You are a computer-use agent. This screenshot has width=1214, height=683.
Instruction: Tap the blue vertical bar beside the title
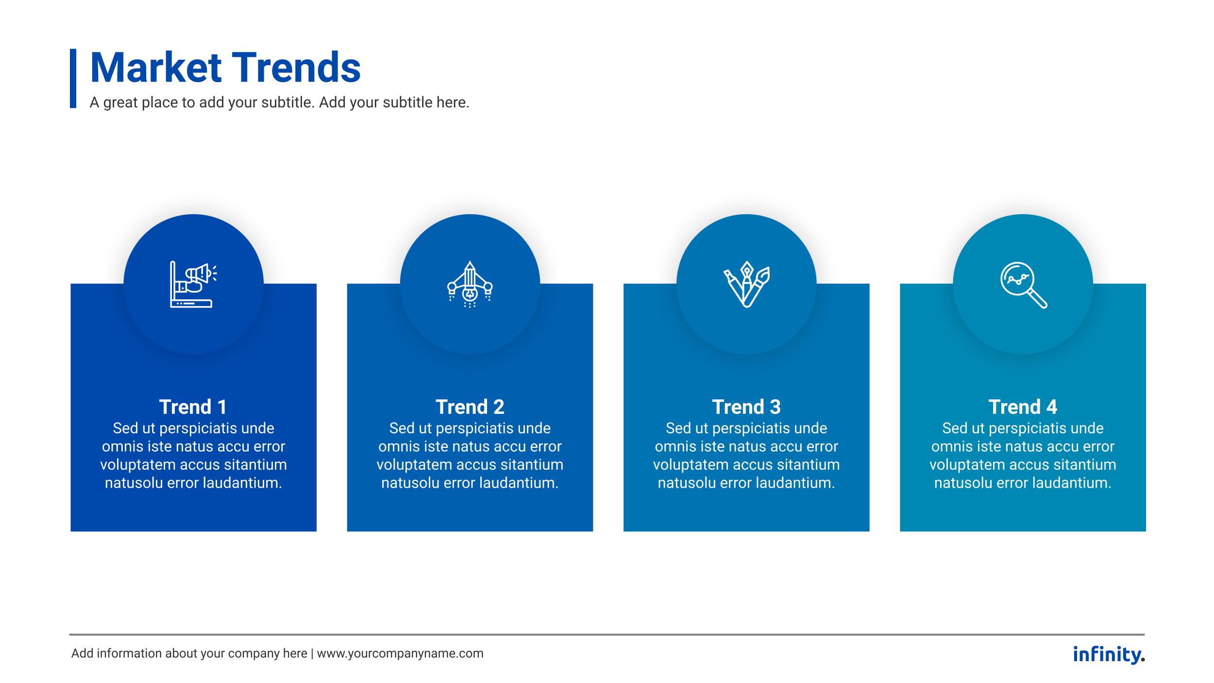coord(73,78)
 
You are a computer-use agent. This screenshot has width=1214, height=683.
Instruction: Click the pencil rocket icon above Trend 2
coord(470,285)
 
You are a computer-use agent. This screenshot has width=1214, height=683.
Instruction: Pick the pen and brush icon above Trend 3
coord(746,285)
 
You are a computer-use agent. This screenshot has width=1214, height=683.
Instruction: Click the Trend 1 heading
coord(193,407)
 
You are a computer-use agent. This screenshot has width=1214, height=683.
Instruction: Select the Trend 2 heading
coord(470,407)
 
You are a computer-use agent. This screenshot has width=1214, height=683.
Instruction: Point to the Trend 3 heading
coord(746,407)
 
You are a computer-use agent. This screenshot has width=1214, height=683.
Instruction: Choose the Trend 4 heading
coord(1023,407)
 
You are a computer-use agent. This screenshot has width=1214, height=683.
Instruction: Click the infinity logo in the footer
coord(1109,654)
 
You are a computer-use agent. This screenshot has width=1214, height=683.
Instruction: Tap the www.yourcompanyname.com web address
coord(400,653)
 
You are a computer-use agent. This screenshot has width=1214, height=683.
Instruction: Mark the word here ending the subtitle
coord(452,102)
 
